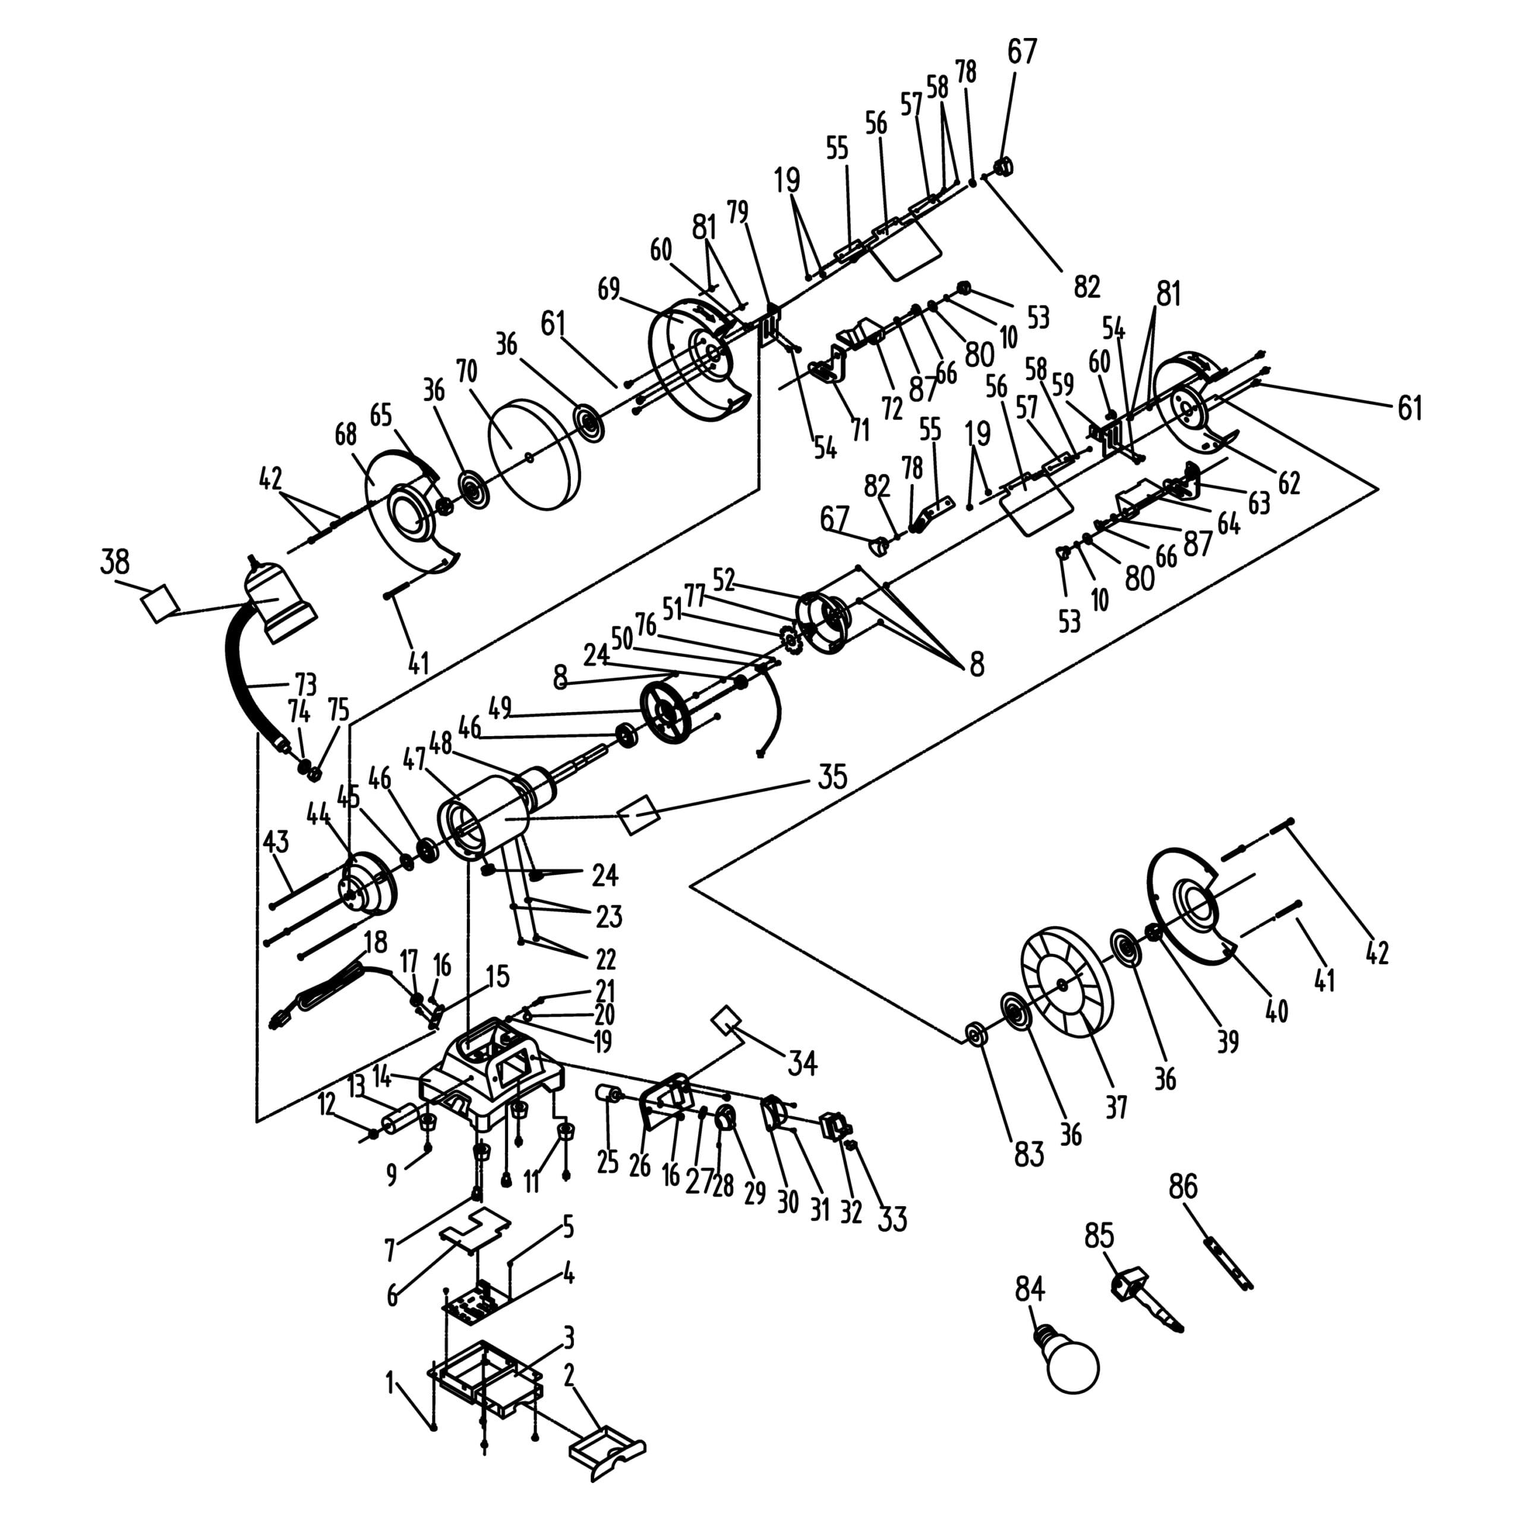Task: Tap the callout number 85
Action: (x=1099, y=1235)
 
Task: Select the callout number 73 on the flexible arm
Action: (x=305, y=683)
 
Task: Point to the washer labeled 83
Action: (x=974, y=1034)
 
